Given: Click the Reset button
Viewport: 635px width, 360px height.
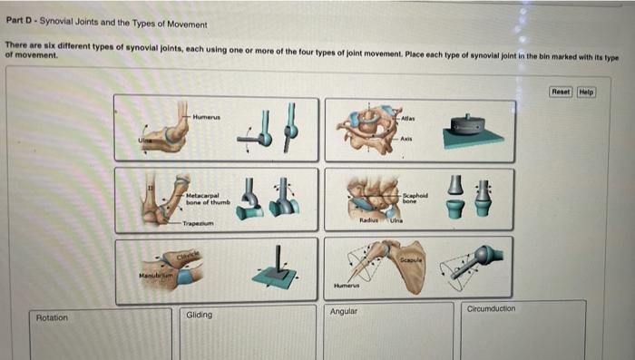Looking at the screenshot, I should pyautogui.click(x=562, y=92).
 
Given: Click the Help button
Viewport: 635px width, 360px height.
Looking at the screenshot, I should pyautogui.click(x=586, y=92).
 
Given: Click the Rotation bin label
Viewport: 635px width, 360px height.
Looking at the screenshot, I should pyautogui.click(x=52, y=318).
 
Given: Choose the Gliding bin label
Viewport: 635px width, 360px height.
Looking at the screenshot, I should pyautogui.click(x=199, y=316).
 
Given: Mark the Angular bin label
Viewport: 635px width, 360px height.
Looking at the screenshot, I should pyautogui.click(x=345, y=312).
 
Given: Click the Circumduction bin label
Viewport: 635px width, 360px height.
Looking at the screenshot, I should pyautogui.click(x=491, y=309).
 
